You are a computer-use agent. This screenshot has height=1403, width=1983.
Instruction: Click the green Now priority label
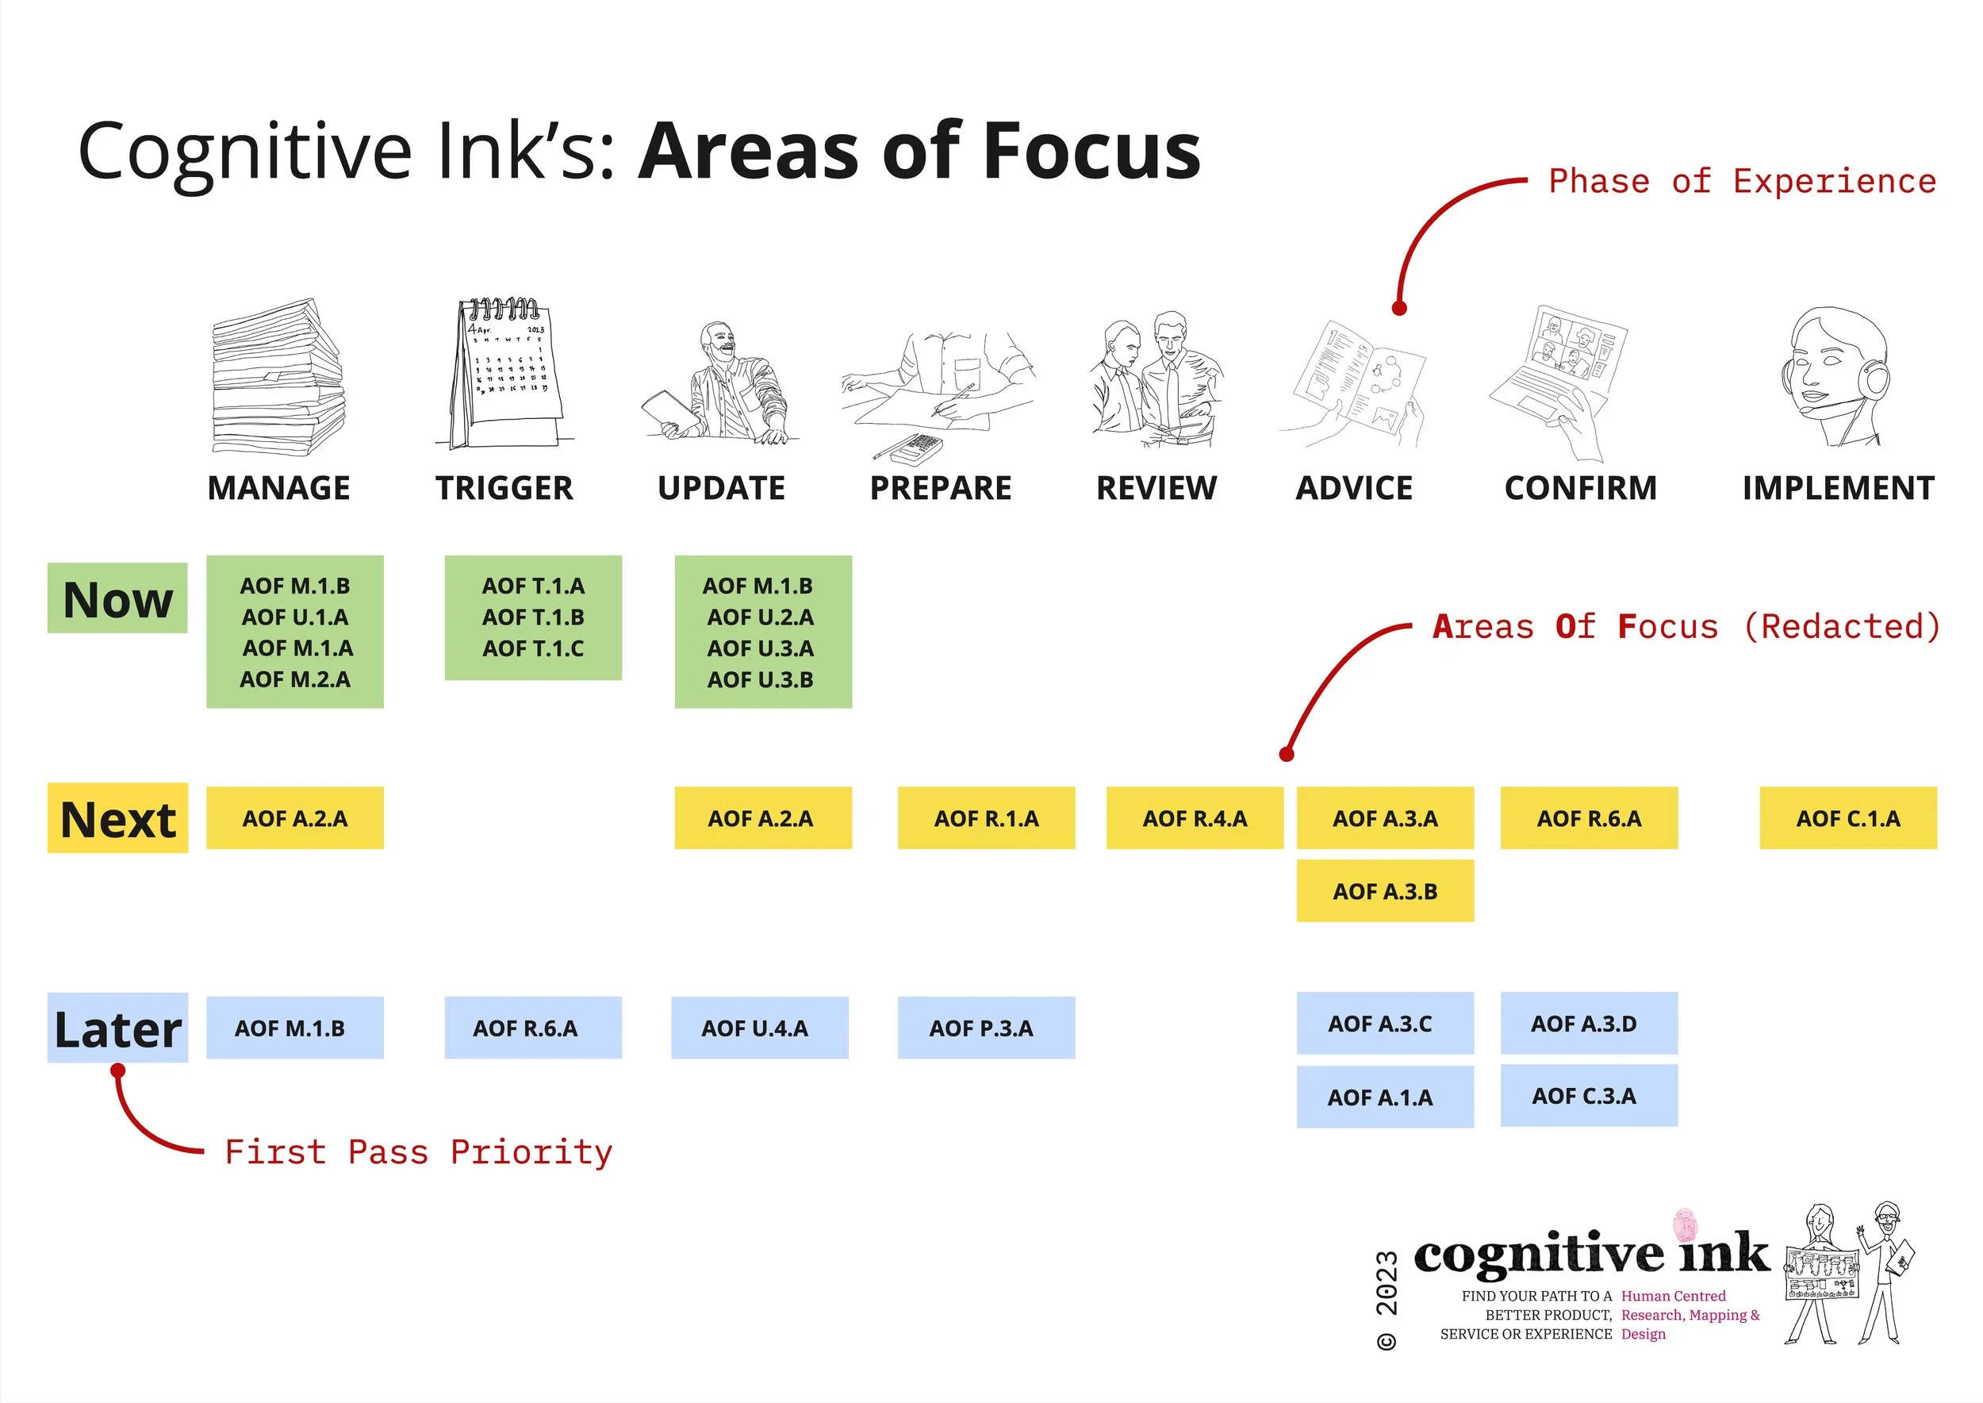tap(117, 598)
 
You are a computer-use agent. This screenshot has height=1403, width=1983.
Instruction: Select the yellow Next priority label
tap(117, 818)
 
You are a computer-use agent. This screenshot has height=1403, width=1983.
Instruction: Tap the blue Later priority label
tap(117, 1028)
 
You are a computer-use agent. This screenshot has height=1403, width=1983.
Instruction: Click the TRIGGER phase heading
tap(504, 488)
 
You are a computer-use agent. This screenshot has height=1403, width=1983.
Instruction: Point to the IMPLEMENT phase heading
tap(1838, 488)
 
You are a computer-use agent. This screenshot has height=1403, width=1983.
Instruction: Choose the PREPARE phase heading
tap(941, 488)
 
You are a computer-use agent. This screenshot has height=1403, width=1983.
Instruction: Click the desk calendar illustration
tap(506, 373)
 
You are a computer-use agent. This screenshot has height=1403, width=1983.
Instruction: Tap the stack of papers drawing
tap(278, 377)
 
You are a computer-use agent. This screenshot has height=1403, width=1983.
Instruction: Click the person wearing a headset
tap(1835, 377)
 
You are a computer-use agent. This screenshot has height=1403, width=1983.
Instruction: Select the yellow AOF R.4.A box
tap(1195, 818)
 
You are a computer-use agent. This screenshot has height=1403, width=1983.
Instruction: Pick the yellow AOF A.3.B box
tap(1384, 890)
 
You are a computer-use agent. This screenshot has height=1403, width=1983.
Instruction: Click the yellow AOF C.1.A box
tap(1848, 818)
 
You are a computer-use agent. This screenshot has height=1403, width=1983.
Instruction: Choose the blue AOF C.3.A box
tap(1588, 1095)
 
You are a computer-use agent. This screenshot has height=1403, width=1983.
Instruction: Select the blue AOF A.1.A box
tap(1384, 1097)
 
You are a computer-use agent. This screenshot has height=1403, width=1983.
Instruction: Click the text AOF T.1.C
tap(533, 648)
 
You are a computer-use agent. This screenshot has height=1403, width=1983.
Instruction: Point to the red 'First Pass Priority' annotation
tap(418, 1152)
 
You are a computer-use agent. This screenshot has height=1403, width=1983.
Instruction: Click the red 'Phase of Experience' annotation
tap(1741, 182)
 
